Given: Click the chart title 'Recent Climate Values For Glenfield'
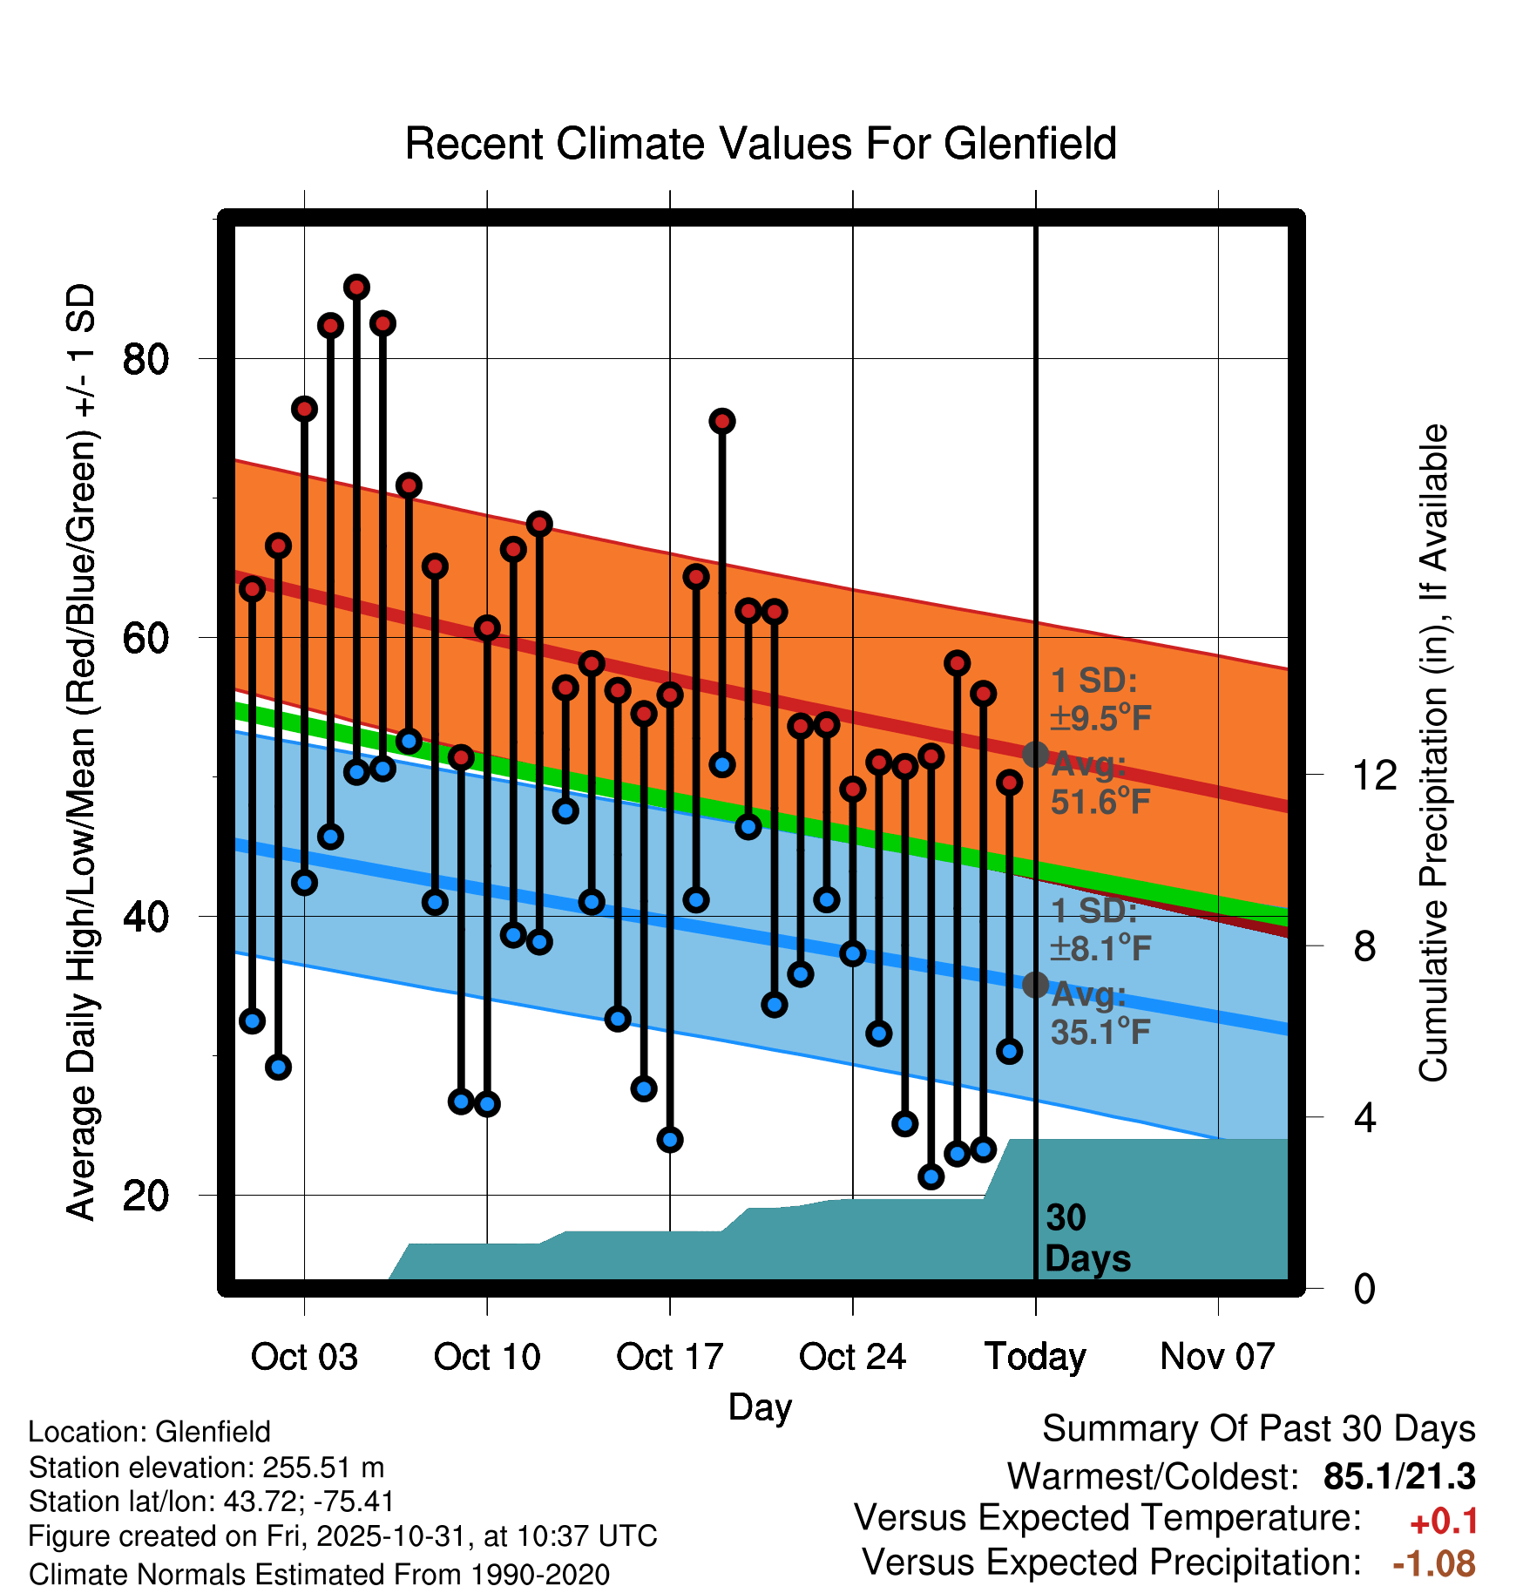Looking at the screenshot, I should click(x=761, y=144).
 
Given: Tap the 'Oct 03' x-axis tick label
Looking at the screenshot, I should click(x=304, y=1357).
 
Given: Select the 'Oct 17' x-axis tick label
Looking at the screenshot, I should click(x=669, y=1357).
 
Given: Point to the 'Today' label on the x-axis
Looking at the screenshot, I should click(x=1035, y=1357).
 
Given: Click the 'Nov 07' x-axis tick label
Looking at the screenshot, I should click(x=1217, y=1357).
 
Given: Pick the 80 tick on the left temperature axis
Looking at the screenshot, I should click(x=146, y=358).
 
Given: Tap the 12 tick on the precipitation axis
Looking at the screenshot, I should click(x=1374, y=775).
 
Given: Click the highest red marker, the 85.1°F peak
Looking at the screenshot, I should click(x=356, y=287).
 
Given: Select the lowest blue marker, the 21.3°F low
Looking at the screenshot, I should click(x=931, y=1177).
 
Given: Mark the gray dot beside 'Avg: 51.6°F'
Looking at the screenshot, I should click(x=1035, y=755).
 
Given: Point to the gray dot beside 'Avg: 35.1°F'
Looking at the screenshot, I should click(x=1035, y=985).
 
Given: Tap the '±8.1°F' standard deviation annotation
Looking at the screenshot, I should click(x=1100, y=948).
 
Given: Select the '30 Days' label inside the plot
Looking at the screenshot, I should click(x=1086, y=1238).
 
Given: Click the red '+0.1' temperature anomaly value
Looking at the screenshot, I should click(x=1444, y=1522).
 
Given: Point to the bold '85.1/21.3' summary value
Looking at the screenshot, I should click(x=1399, y=1476).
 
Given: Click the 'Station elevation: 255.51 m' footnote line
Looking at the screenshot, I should click(x=206, y=1468).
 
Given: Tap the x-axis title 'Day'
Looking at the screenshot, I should click(x=760, y=1407).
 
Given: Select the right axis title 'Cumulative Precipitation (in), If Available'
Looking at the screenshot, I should click(x=1432, y=753).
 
